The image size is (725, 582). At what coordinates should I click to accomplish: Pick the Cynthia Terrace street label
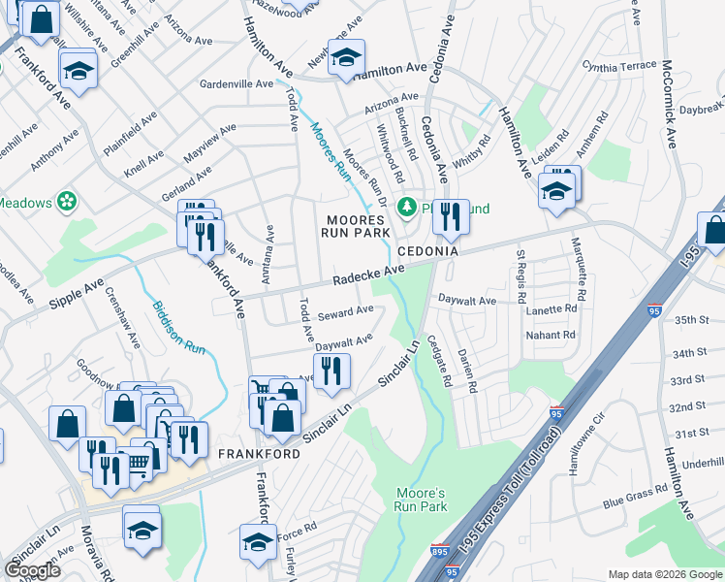coord(619,66)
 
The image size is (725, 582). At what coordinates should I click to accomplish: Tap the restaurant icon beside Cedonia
coord(449,214)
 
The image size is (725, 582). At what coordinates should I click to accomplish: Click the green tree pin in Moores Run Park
coord(409,206)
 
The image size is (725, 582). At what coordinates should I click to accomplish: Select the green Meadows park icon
coord(67,202)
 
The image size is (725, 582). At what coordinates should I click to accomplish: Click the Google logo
coord(32,570)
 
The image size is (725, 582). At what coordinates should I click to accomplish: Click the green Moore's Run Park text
coord(422,500)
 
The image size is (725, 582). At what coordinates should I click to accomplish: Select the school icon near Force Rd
coord(258,540)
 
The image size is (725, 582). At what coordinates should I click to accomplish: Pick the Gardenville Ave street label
coord(236,84)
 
